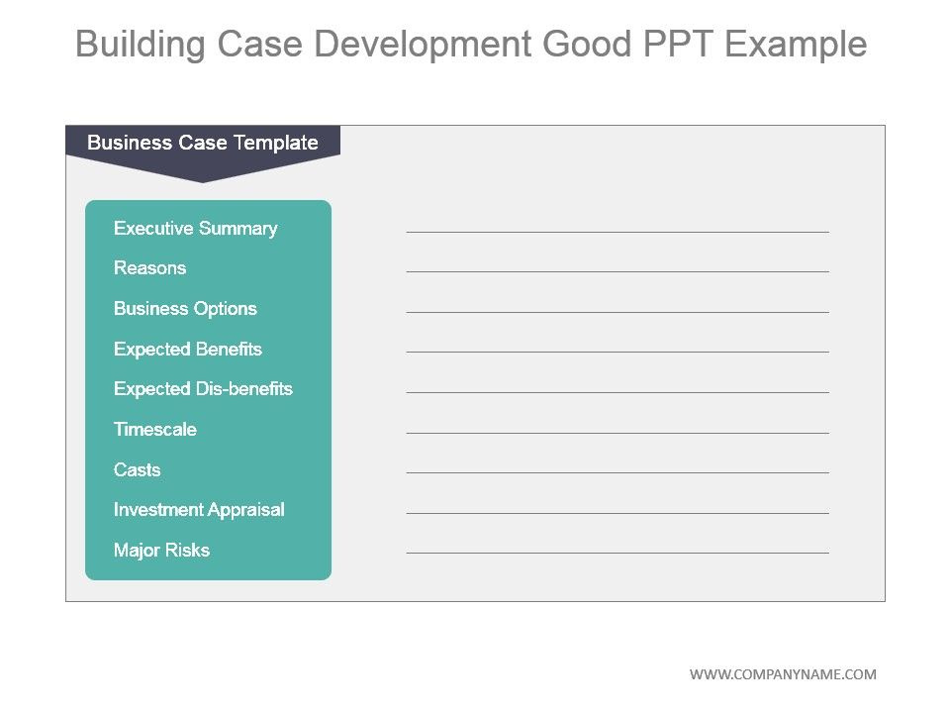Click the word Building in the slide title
pos(141,45)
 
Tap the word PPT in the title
pos(677,44)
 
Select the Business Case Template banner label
pos(202,143)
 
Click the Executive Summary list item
pos(195,229)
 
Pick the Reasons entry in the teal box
pos(149,268)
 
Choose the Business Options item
pos(185,309)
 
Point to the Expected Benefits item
pos(187,350)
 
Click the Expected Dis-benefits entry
pos(203,388)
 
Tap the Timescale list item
pos(155,429)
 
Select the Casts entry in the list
pos(137,469)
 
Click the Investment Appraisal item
pos(199,510)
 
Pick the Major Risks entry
pos(161,550)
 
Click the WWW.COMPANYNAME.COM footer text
pos(783,674)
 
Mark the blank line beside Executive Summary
pos(617,232)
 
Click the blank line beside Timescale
pos(617,433)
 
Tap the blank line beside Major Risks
pos(617,553)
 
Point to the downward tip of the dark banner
pos(203,182)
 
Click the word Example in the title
pos(796,45)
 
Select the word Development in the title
pos(423,45)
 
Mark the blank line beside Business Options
pos(617,312)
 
